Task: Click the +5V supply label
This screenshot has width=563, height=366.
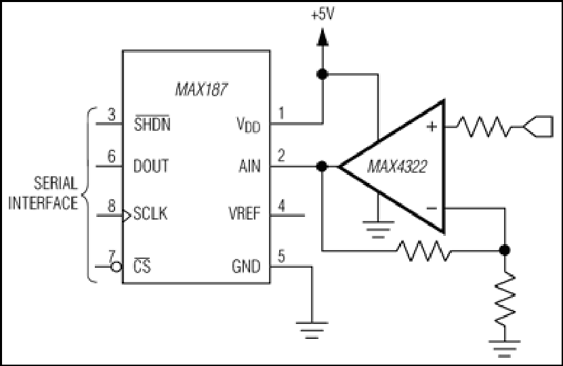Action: (322, 15)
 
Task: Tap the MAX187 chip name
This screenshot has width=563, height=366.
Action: (201, 89)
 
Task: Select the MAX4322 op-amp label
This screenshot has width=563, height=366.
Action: (398, 167)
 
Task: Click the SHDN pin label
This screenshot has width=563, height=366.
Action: (152, 123)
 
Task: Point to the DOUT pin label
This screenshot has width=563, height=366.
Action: (151, 166)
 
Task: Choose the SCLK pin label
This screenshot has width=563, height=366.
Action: (150, 213)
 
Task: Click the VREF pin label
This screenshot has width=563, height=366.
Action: (244, 213)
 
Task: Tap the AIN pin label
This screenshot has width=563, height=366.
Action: (249, 166)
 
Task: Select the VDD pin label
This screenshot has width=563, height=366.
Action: (249, 125)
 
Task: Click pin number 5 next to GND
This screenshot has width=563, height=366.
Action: (282, 256)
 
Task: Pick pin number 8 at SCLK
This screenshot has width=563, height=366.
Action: (112, 206)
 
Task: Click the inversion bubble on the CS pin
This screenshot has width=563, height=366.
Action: (116, 267)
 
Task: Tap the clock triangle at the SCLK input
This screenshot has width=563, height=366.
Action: (127, 216)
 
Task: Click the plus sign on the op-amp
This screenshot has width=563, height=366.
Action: (432, 127)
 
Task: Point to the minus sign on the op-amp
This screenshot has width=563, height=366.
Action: (432, 208)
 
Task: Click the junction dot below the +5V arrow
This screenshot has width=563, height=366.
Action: (322, 75)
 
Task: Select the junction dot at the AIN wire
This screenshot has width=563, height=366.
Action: (322, 166)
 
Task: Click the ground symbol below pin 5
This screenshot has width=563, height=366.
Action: (312, 330)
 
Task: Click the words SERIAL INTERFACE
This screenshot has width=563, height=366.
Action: (43, 193)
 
